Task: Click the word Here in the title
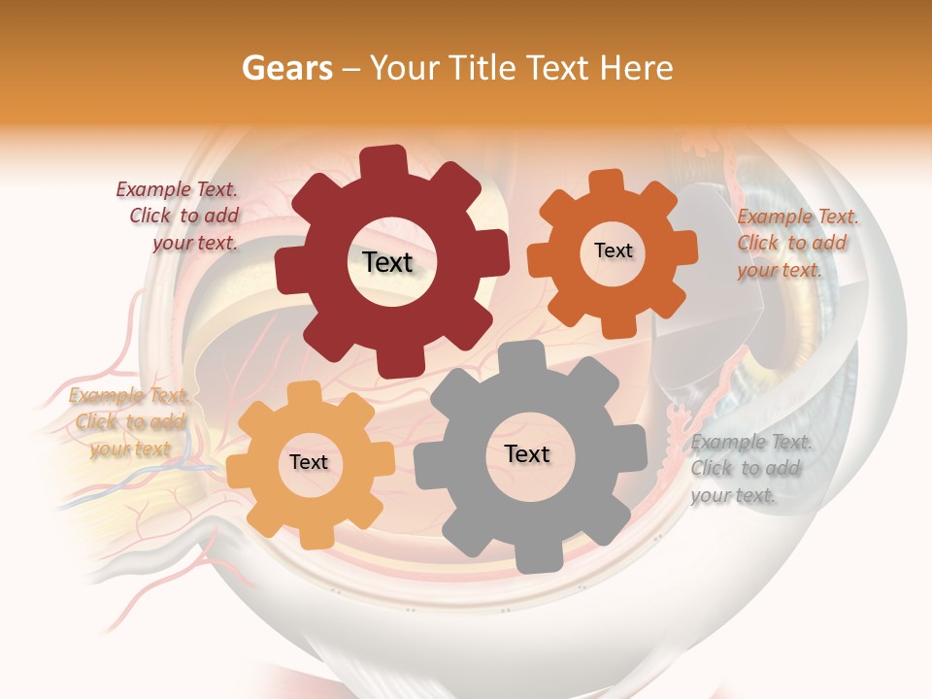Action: [x=637, y=68]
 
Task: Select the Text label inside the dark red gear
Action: [x=387, y=262]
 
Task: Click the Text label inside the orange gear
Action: [x=613, y=250]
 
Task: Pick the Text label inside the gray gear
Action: [x=527, y=453]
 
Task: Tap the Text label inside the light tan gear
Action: [x=309, y=462]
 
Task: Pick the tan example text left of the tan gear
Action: [x=128, y=421]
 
